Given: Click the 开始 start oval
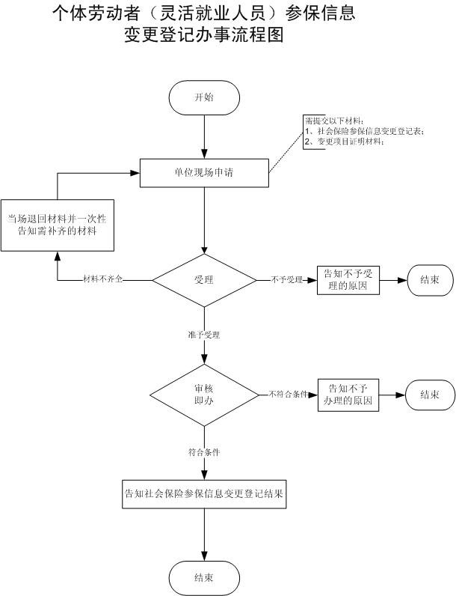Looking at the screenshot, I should click(204, 98).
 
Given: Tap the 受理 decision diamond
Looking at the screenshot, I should click(204, 280).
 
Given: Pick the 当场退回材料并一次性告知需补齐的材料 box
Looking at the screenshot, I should click(58, 224).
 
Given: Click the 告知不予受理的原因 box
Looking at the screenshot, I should click(347, 280).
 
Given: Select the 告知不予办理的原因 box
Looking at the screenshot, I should click(348, 394).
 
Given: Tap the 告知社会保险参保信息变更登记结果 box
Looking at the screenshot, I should click(204, 493).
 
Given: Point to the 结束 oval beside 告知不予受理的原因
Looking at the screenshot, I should click(429, 280).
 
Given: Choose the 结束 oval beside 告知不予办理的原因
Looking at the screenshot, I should click(429, 394).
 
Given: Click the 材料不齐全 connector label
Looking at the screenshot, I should click(103, 280).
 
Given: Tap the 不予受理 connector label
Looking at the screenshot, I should click(286, 280).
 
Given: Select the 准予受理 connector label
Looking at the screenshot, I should click(204, 334).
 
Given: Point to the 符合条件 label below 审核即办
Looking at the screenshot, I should click(204, 452).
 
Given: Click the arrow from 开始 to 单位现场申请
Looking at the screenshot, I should click(204, 138).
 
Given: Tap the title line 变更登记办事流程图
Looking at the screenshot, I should click(204, 35).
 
